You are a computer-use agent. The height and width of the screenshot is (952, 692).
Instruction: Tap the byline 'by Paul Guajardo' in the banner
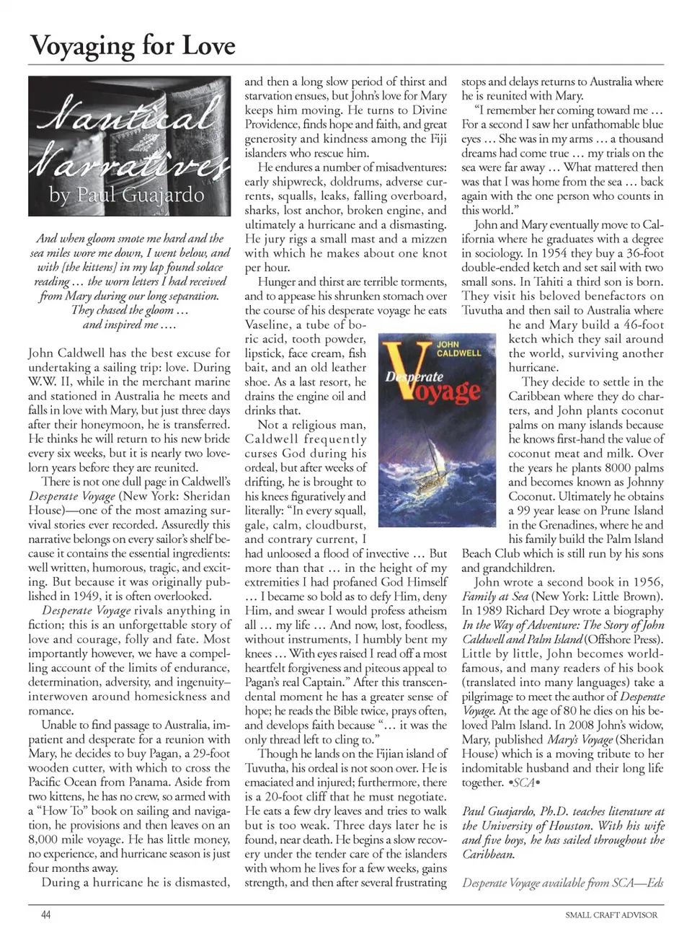(127, 194)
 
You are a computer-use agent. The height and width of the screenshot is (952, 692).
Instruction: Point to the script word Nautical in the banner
(127, 115)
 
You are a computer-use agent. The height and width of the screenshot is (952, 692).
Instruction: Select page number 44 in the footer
(45, 914)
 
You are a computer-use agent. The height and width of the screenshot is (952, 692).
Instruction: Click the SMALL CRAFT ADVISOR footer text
(611, 914)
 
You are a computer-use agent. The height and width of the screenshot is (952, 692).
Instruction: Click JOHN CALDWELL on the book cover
(458, 348)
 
